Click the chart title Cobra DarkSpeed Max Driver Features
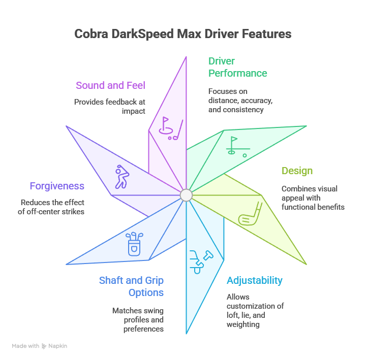pos(182,34)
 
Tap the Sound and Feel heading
pos(110,85)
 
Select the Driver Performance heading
pos(237,67)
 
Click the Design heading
pos(297,171)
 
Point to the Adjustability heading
pos(255,280)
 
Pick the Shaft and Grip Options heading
pos(131,286)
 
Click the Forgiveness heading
pos(57,186)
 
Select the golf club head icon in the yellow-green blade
pos(250,214)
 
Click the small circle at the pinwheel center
pos(186,195)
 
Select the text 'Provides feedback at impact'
pos(110,106)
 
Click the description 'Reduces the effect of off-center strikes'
pos(51,206)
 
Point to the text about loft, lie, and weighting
pos(255,311)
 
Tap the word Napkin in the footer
pos(57,346)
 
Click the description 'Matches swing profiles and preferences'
pos(138,319)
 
